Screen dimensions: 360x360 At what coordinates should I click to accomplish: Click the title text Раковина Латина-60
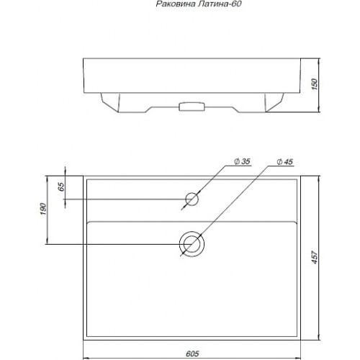pos(199,4)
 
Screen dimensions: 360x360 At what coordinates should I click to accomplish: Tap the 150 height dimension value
pos(314,84)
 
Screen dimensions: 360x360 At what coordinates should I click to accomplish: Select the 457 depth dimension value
pos(315,257)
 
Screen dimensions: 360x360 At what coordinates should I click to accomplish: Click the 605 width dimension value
pos(192,354)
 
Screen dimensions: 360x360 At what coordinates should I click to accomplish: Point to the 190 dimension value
pos(42,209)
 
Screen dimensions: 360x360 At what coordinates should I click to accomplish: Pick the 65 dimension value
pos(61,186)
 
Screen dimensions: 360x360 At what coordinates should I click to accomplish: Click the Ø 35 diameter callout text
pos(242,161)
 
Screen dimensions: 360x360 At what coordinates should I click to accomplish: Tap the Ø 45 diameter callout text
pos(285,162)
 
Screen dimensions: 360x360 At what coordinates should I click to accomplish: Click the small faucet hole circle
pos(192,193)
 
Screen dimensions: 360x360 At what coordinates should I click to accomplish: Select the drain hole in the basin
pos(192,232)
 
